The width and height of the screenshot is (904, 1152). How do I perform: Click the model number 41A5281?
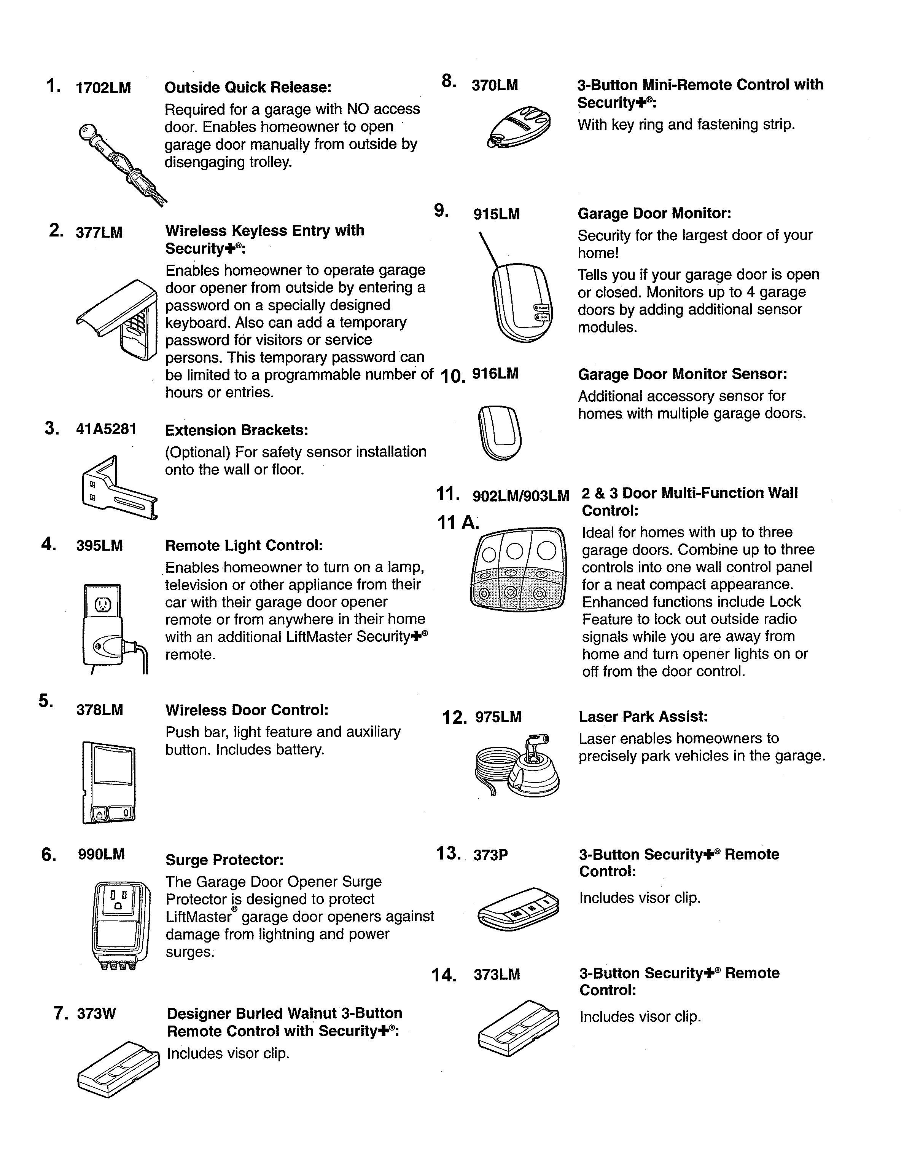[x=106, y=429]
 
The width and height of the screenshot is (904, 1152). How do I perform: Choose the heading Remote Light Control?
[x=244, y=546]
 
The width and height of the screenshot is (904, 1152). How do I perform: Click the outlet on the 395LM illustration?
[x=102, y=604]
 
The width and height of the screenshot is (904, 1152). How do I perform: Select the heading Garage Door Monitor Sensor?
[x=682, y=374]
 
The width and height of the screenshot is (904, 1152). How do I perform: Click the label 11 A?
[x=457, y=523]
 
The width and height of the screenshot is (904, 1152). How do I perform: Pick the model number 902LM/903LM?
[x=520, y=496]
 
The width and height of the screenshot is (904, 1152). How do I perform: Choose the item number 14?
[x=444, y=975]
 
